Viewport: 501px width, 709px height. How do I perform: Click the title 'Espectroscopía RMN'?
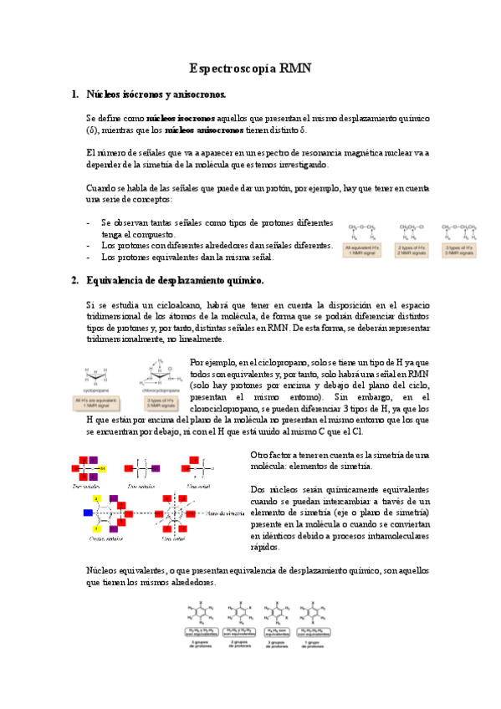point(250,69)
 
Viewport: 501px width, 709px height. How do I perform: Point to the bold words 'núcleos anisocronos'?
point(204,130)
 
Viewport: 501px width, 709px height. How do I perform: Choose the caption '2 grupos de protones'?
point(241,644)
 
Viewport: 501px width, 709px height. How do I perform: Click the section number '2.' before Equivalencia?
point(74,280)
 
